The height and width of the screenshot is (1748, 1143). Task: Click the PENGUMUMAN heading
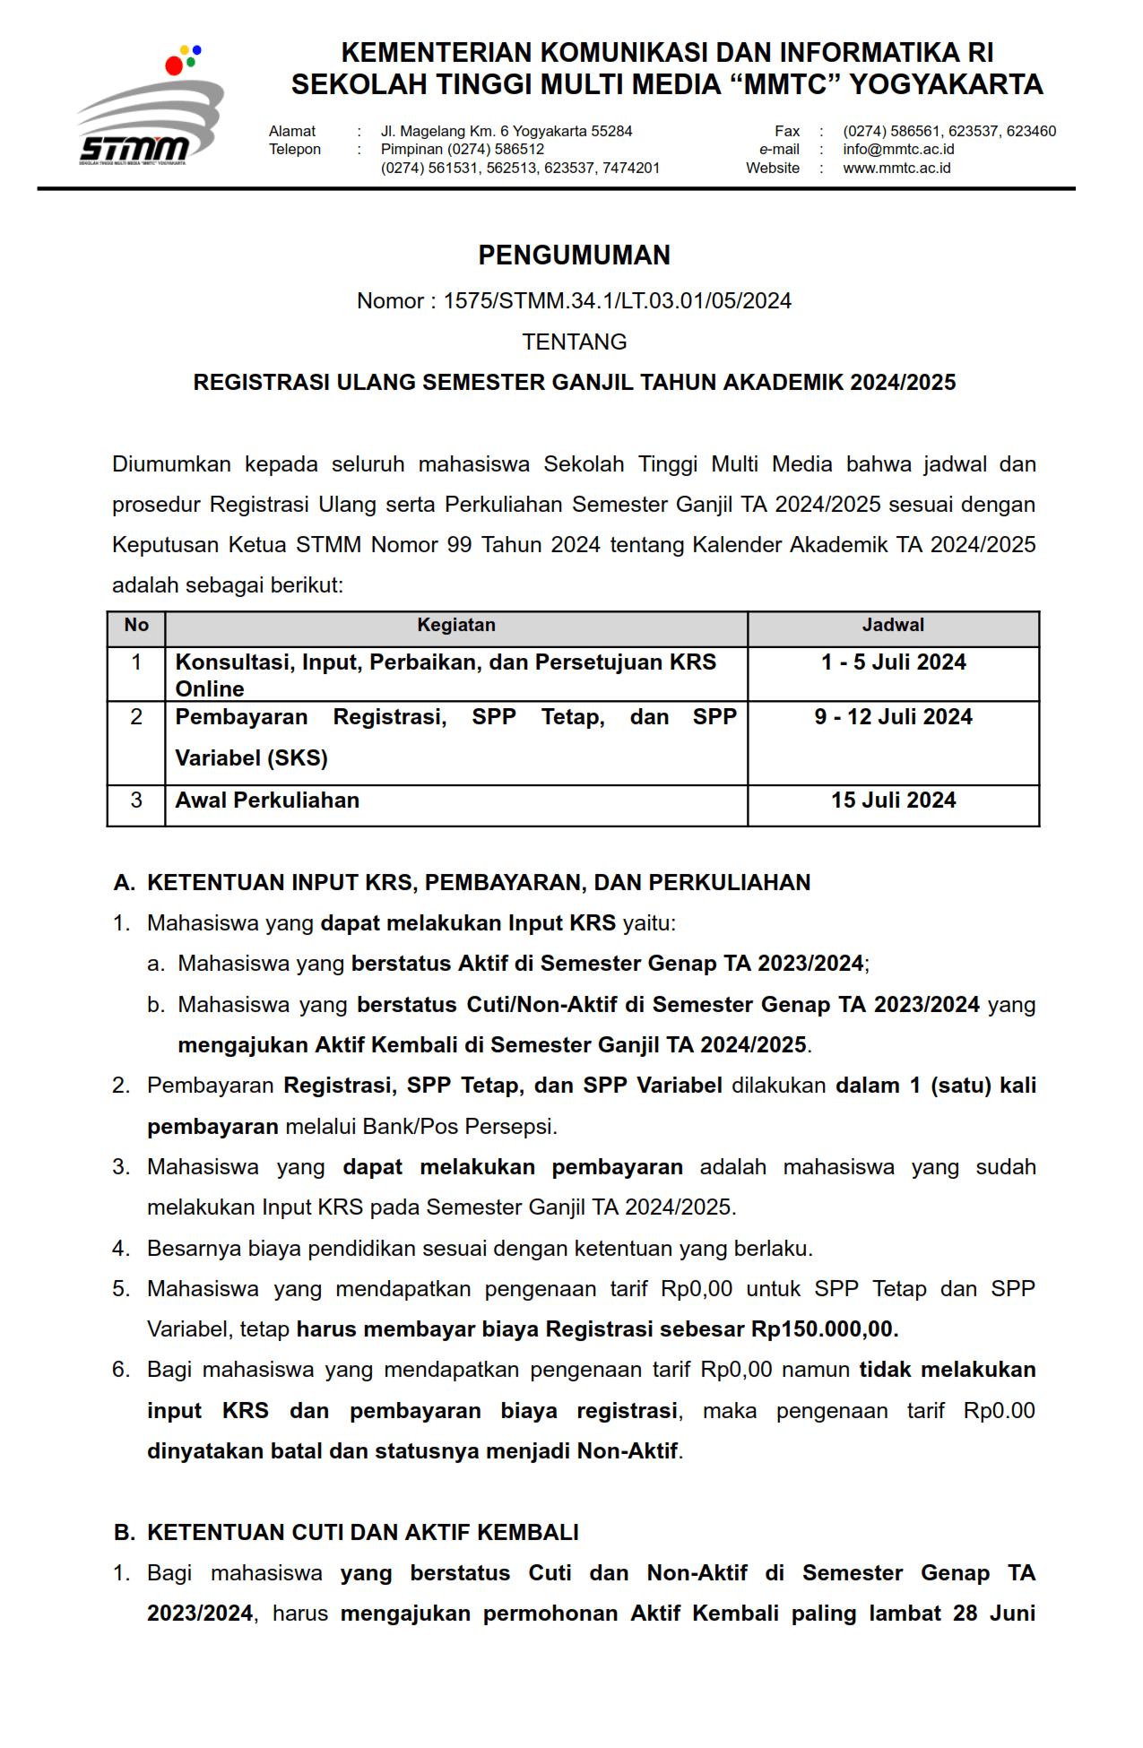click(x=574, y=255)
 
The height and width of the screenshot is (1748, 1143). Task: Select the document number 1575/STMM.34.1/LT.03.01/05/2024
click(x=617, y=301)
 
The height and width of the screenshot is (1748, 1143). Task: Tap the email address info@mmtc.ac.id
click(x=898, y=150)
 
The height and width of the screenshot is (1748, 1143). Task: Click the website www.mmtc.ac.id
click(x=896, y=169)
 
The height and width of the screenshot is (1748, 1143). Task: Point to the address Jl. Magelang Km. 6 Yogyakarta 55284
click(x=507, y=132)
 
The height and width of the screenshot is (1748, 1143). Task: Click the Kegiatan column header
click(x=455, y=626)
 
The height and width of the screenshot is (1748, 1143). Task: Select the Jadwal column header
click(x=893, y=626)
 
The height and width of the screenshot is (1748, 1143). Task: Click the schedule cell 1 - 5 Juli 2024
click(x=893, y=662)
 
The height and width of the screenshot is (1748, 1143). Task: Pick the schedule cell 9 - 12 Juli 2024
click(x=893, y=717)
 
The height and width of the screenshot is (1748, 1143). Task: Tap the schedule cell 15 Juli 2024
click(x=893, y=800)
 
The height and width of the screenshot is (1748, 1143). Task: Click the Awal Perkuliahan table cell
click(x=267, y=800)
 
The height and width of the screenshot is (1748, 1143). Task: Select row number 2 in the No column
click(x=136, y=717)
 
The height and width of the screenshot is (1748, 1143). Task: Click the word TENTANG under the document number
click(x=574, y=342)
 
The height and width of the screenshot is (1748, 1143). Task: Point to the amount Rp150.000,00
click(x=824, y=1329)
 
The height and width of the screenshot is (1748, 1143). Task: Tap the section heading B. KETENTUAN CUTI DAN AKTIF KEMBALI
click(x=346, y=1533)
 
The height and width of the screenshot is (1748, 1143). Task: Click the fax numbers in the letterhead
click(x=949, y=132)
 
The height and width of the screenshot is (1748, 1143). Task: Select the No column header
click(x=136, y=626)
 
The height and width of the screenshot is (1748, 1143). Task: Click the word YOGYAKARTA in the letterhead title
click(x=946, y=85)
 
